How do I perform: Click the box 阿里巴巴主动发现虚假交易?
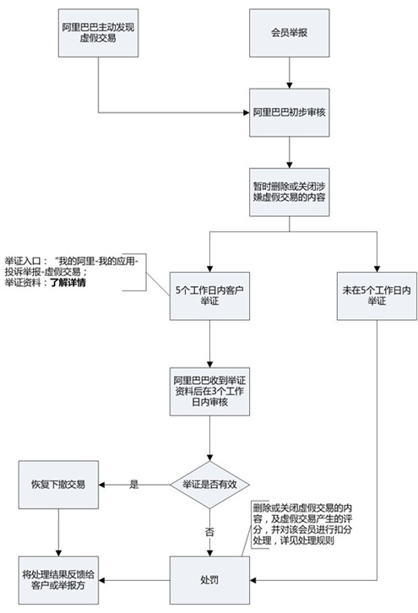[98, 33]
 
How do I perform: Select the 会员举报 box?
[290, 33]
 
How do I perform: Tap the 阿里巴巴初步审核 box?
[290, 112]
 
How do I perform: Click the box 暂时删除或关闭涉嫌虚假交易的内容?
[290, 192]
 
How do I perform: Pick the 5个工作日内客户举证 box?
[209, 296]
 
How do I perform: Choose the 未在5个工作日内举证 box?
[377, 296]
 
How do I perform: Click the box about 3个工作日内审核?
[209, 391]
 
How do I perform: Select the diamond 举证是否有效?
[209, 485]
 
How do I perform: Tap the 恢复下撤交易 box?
[58, 485]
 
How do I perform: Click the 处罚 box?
[209, 580]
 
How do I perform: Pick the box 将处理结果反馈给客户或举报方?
[58, 580]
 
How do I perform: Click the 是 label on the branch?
[134, 485]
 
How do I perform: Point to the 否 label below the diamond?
[209, 532]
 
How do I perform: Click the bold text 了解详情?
[68, 282]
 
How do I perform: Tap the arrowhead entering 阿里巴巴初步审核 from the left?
[247, 112]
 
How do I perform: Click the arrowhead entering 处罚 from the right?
[253, 580]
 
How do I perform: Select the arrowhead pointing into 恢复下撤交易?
[101, 485]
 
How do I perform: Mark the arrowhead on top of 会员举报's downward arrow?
[290, 85]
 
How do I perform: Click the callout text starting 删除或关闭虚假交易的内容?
[302, 524]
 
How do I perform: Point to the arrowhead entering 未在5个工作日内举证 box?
[377, 269]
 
